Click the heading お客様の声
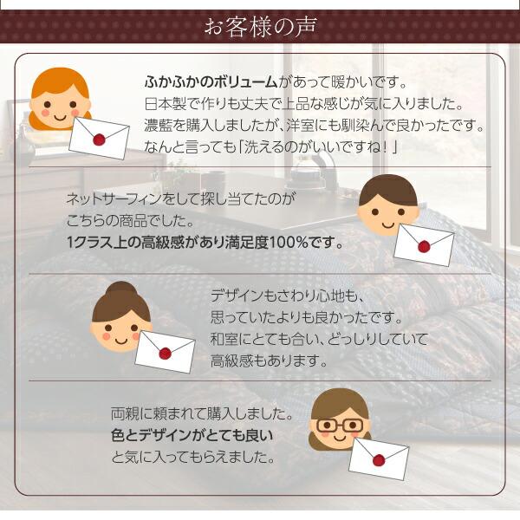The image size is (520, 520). point(260,27)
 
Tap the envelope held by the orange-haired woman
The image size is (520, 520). point(99,138)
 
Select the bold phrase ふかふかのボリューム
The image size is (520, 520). point(211,82)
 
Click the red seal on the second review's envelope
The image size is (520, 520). point(423,246)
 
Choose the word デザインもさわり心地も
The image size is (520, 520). point(285,296)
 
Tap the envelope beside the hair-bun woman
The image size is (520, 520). point(166,352)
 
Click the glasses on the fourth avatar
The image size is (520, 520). point(339,426)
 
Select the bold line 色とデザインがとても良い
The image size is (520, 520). point(192,435)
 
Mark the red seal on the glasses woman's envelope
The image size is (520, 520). point(379,460)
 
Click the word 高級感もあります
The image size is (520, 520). point(270,361)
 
